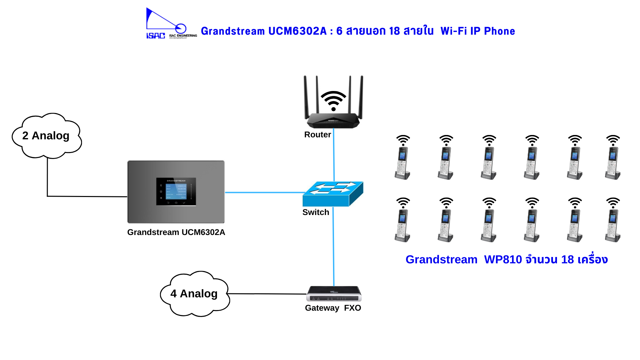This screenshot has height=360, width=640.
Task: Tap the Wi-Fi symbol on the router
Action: [333, 100]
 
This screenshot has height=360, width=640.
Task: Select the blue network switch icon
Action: [332, 194]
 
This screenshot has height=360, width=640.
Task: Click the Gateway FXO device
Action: [334, 294]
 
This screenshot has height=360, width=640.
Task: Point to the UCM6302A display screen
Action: [176, 191]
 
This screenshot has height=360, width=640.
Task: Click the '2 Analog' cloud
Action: [47, 136]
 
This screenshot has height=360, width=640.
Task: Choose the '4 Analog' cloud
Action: [195, 294]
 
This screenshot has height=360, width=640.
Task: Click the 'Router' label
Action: [317, 135]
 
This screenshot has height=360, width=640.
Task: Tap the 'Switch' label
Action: [315, 212]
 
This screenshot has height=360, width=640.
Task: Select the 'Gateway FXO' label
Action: [333, 308]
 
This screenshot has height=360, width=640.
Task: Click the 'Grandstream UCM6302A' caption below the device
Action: [176, 232]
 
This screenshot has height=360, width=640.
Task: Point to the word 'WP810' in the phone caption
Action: [503, 260]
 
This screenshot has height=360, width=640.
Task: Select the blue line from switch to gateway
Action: [333, 247]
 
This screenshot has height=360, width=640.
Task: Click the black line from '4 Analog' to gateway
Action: [267, 294]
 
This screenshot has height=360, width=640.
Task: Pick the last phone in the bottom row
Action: [613, 220]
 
